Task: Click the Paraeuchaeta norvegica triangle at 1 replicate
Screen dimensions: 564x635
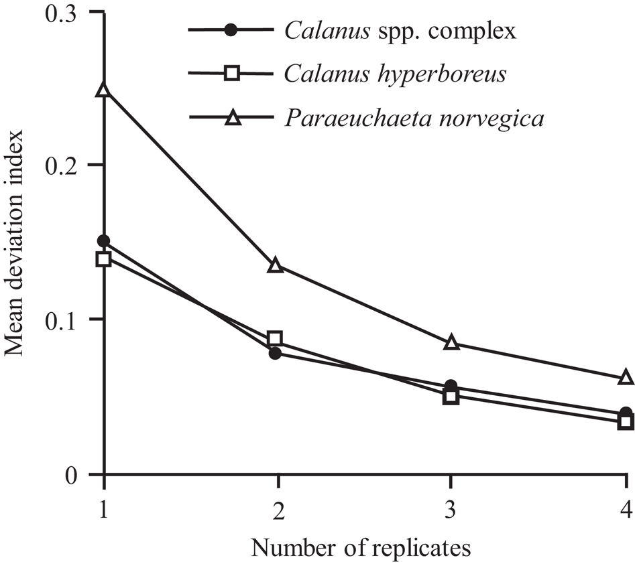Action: coord(103,90)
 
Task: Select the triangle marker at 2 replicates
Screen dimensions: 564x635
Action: coord(276,265)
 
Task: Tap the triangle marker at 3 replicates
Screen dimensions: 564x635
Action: coord(451,343)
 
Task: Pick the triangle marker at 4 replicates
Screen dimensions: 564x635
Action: coord(626,378)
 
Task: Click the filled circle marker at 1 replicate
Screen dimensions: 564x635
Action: coord(103,241)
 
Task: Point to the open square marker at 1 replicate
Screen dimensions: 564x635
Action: coord(103,259)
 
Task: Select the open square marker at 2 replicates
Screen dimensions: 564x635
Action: coord(275,338)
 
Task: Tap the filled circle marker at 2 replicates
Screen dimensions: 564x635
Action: coord(275,353)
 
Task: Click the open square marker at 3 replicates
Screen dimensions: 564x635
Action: coord(451,397)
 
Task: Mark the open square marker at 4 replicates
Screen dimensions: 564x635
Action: coord(626,422)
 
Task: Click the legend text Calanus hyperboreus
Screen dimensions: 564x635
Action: coord(395,74)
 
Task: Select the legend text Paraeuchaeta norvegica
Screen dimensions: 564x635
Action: coord(414,119)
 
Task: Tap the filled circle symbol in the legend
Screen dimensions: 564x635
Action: coord(231,30)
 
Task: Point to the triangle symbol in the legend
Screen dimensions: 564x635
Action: coord(231,119)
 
